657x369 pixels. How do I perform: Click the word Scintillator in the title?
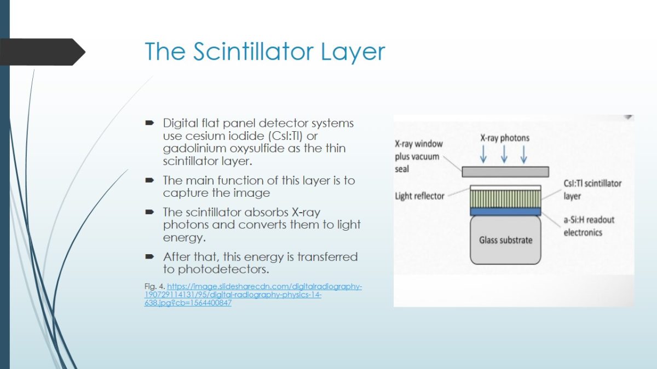coord(253,51)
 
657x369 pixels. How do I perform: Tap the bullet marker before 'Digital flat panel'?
coord(149,123)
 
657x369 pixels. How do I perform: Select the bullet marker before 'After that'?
coord(149,257)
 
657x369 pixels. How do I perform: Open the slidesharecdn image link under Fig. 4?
coord(253,295)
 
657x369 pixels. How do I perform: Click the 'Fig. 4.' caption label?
coord(154,286)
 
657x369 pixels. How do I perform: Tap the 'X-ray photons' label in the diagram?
coord(505,138)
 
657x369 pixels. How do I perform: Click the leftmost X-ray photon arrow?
coord(483,154)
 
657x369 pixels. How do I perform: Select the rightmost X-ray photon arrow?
coord(523,154)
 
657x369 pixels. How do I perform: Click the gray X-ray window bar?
coord(505,172)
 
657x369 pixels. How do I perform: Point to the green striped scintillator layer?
coord(505,199)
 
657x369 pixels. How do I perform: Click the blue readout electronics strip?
coord(505,212)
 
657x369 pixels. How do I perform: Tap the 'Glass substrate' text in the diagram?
coord(506,240)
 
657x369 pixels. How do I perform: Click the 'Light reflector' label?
coord(420,196)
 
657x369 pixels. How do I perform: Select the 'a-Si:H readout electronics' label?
coord(589,226)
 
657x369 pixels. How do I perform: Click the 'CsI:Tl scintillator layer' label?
coord(592,190)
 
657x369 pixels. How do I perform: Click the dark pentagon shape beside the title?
coord(43,52)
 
